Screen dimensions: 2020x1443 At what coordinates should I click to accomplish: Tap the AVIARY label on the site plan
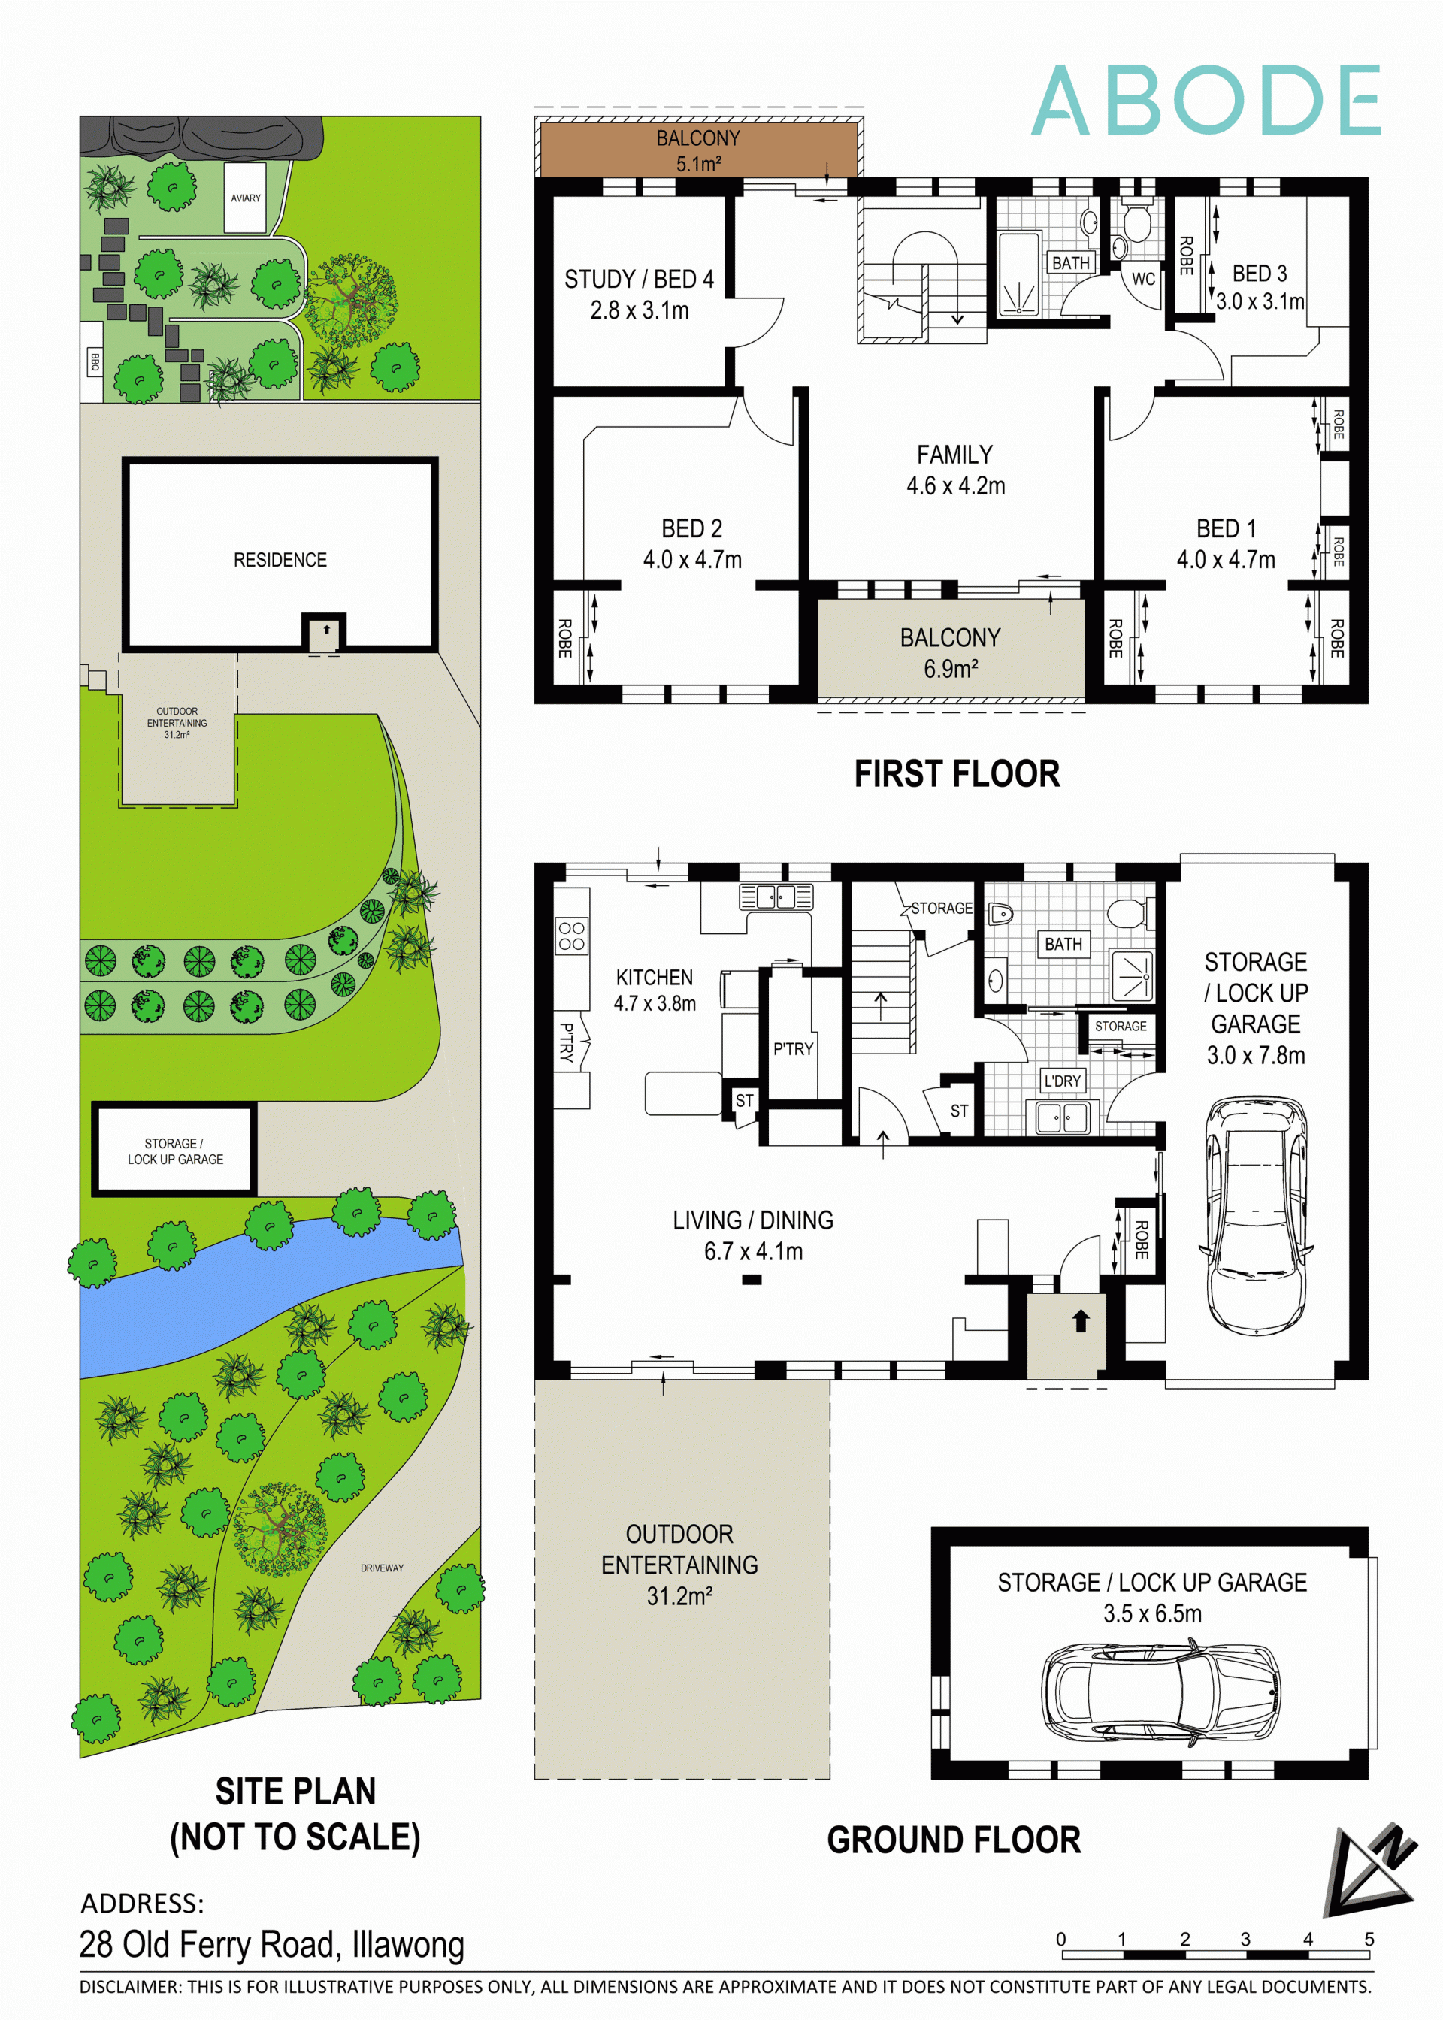click(x=245, y=198)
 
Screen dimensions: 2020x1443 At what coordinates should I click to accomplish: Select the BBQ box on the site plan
click(x=93, y=361)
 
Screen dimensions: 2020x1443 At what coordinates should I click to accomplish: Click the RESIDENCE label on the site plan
click(x=280, y=560)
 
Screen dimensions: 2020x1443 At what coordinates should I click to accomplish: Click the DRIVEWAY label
click(x=382, y=1568)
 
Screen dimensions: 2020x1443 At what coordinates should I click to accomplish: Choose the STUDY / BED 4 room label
click(x=639, y=279)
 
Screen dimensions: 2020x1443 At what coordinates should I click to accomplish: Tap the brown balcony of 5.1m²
click(x=698, y=150)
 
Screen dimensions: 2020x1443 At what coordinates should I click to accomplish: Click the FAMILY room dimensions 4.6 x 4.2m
click(x=955, y=486)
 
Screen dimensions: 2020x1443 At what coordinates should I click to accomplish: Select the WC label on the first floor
click(x=1142, y=279)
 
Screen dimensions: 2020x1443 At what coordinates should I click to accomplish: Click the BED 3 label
click(x=1259, y=274)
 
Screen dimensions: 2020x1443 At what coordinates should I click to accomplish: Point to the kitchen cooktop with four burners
click(x=571, y=936)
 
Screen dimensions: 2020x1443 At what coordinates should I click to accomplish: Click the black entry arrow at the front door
click(x=1081, y=1321)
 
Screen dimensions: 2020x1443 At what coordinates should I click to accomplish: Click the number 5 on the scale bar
click(x=1369, y=1939)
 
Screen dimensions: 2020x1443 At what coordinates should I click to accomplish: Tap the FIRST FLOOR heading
click(x=956, y=774)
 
